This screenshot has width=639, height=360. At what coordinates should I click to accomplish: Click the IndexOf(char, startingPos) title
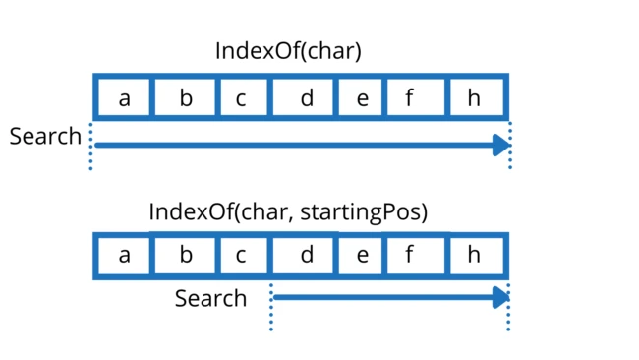tap(288, 211)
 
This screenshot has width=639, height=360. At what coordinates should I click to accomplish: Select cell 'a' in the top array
tap(124, 97)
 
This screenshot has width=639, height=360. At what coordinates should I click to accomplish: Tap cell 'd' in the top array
tap(306, 97)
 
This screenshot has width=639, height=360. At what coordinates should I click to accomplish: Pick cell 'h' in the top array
tap(475, 97)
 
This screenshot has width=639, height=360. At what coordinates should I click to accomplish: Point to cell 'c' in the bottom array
tap(241, 256)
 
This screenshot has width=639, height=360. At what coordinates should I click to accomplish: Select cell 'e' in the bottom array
tap(361, 256)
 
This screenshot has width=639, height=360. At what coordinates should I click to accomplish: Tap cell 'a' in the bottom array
tap(124, 256)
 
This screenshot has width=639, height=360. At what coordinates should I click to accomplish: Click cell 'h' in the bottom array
tap(475, 256)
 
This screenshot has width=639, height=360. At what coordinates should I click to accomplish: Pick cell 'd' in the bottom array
tap(306, 256)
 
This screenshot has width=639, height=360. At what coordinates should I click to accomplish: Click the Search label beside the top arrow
tap(45, 136)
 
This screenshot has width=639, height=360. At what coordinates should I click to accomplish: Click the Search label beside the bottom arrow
tap(210, 297)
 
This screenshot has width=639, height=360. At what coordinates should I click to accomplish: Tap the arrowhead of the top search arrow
tap(502, 146)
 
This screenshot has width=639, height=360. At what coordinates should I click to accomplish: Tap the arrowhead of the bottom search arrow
tap(502, 296)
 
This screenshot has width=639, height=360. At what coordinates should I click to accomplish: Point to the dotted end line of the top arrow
tap(510, 148)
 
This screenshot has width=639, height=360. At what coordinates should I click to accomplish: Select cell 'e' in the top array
tap(361, 97)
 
